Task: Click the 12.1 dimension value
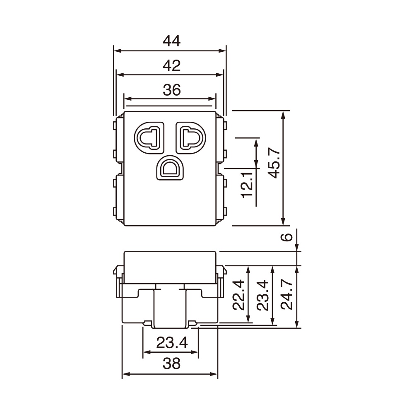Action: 247,185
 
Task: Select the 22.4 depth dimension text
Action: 238,295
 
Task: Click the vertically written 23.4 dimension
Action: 263,295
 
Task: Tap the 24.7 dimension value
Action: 287,295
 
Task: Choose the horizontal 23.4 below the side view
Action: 171,342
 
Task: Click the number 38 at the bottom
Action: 171,364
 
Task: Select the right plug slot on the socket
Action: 190,136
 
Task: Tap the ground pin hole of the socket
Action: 169,168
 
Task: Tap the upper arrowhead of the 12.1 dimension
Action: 256,142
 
